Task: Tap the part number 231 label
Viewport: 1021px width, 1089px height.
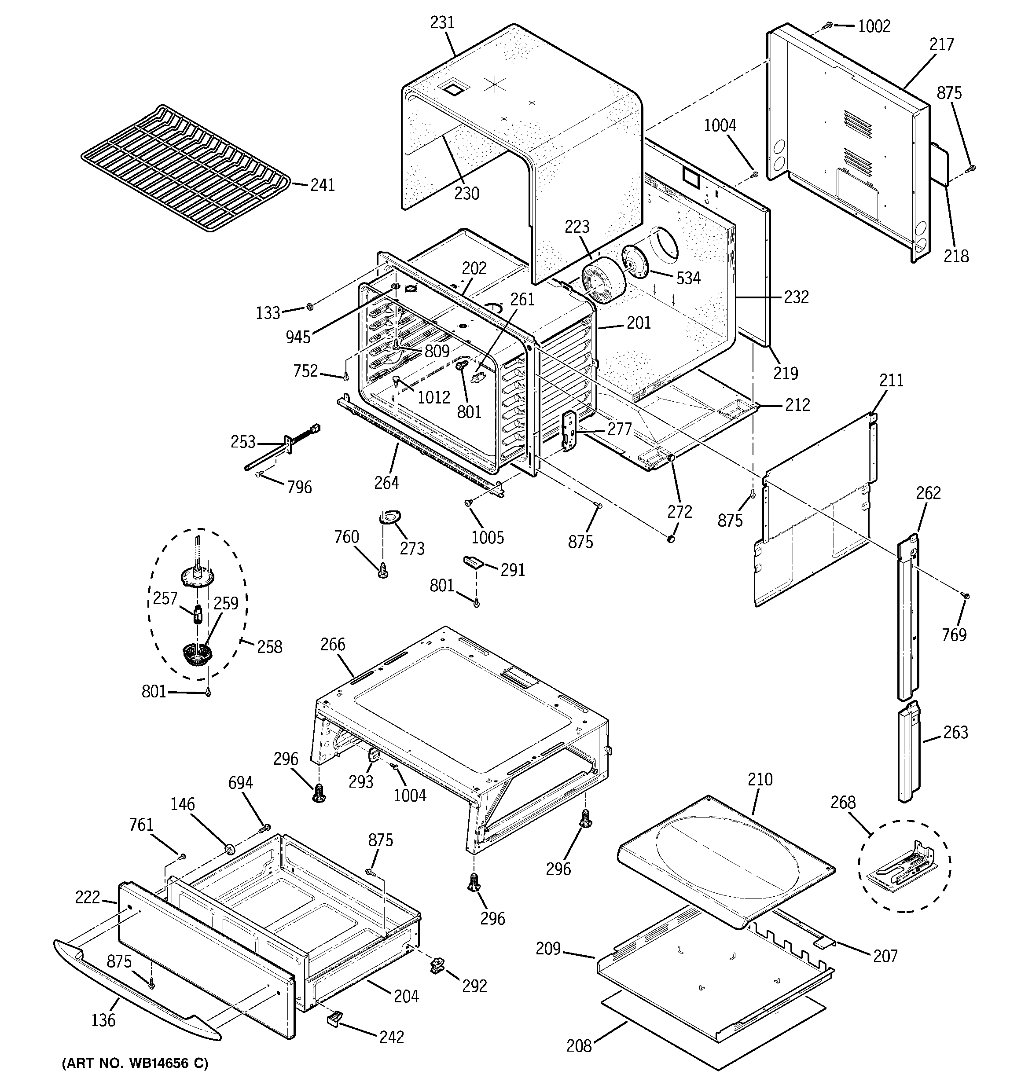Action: pos(442,22)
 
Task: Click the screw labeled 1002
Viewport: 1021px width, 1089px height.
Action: pos(830,25)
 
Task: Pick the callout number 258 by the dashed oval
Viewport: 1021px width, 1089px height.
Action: pos(270,646)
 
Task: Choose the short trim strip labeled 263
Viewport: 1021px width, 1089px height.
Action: pos(908,754)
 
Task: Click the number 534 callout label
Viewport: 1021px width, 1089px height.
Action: pos(688,278)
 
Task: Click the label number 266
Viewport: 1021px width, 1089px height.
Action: pos(333,644)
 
